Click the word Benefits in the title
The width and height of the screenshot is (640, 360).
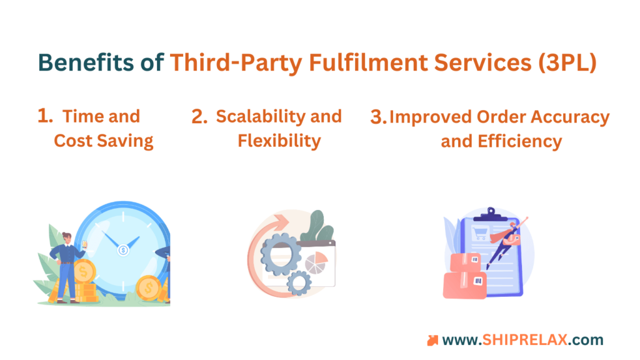(x=86, y=62)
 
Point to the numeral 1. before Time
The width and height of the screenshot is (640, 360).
(x=45, y=116)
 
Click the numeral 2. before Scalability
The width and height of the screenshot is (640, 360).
(x=199, y=116)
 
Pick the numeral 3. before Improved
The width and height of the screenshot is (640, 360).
(x=378, y=117)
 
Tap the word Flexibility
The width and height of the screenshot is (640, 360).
(x=279, y=141)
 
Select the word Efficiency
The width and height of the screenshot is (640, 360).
(x=519, y=142)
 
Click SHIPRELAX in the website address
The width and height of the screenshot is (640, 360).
(x=524, y=339)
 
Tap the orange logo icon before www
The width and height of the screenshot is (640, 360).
(x=432, y=341)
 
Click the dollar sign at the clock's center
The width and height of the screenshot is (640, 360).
(x=123, y=250)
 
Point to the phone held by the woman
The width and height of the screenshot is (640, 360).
(x=85, y=244)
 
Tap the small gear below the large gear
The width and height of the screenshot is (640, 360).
(x=299, y=282)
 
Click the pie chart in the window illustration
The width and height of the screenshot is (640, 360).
(x=316, y=262)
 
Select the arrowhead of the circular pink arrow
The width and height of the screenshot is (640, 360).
(x=281, y=222)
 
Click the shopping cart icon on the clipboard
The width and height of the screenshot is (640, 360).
(x=479, y=234)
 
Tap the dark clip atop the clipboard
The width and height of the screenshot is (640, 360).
(x=491, y=214)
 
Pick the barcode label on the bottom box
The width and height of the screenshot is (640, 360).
(x=478, y=281)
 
